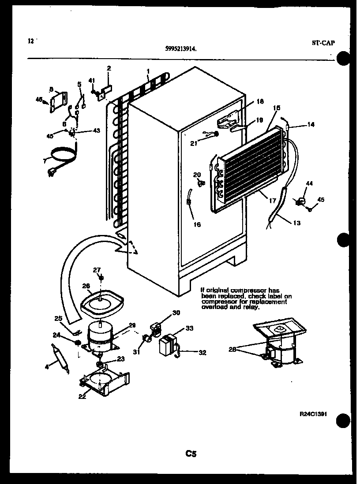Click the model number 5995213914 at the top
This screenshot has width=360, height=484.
coord(181,50)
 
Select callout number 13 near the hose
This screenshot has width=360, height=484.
coord(296,223)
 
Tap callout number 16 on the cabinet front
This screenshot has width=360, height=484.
coord(197,224)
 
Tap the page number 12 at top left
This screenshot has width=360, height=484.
coord(30,41)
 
